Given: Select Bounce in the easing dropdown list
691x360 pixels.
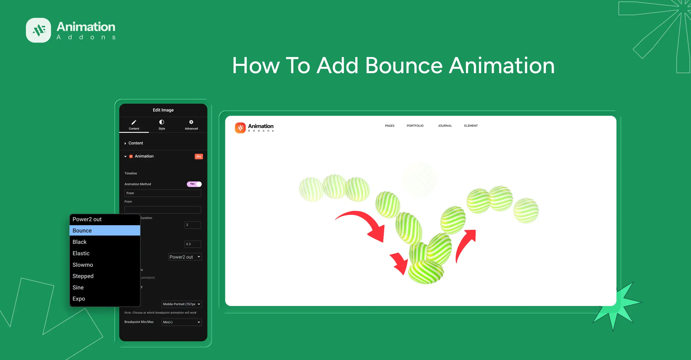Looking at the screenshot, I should (105, 230).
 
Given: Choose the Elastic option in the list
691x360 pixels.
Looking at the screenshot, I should (105, 253).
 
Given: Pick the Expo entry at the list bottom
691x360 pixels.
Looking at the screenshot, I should (105, 299).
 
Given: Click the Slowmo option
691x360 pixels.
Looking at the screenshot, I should (105, 265).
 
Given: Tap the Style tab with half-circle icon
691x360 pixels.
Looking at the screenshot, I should (162, 124).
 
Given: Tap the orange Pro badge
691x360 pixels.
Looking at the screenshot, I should (199, 156).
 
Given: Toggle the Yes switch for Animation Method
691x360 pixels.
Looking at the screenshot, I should (194, 184).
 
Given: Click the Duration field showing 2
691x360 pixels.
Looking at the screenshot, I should (193, 225).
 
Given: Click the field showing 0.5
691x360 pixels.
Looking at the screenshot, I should (193, 244).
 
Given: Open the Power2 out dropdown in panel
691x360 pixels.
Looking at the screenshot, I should (185, 257).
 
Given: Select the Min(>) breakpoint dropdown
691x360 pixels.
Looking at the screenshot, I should (181, 322).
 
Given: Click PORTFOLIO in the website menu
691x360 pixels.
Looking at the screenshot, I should (415, 126).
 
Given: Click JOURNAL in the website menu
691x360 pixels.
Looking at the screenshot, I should (445, 126).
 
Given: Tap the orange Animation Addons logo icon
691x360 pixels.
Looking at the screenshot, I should (240, 128).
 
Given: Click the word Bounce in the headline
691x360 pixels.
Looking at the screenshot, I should (404, 66).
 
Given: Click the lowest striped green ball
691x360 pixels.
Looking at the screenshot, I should (426, 272).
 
